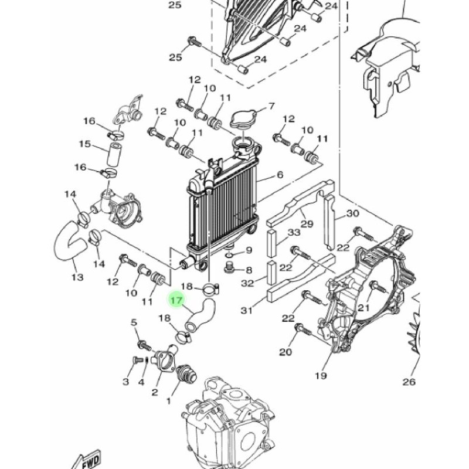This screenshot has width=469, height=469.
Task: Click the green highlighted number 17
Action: [176, 300]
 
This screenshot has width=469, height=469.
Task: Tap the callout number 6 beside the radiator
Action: [280, 175]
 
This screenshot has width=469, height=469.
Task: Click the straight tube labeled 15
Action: [114, 155]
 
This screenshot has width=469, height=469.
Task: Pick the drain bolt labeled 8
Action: [229, 267]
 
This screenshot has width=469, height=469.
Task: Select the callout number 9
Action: [249, 250]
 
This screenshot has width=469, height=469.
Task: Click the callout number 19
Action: [321, 375]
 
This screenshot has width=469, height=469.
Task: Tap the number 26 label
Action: [409, 382]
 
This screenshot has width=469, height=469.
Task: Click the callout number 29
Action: [307, 224]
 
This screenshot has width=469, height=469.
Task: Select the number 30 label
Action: [353, 213]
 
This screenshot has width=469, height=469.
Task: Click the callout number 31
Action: [247, 311]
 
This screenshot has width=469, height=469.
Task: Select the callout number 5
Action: [134, 322]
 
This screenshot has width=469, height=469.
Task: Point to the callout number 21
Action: [364, 307]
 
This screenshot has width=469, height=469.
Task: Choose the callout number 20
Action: [286, 352]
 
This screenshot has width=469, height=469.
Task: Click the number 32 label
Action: [247, 283]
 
